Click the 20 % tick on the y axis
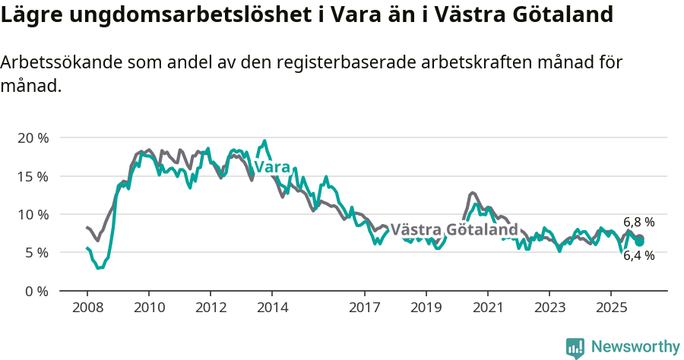[33, 138]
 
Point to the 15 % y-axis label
[33, 176]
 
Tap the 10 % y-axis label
[33, 214]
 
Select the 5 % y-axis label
[36, 252]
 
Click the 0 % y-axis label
[36, 291]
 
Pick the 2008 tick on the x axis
[87, 308]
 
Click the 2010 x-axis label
[149, 308]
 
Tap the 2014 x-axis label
[272, 308]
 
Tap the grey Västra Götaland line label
[454, 229]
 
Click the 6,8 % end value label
[638, 223]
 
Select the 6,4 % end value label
[638, 256]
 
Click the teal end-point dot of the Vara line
[640, 242]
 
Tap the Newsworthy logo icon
[575, 347]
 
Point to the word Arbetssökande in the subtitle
[57, 64]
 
